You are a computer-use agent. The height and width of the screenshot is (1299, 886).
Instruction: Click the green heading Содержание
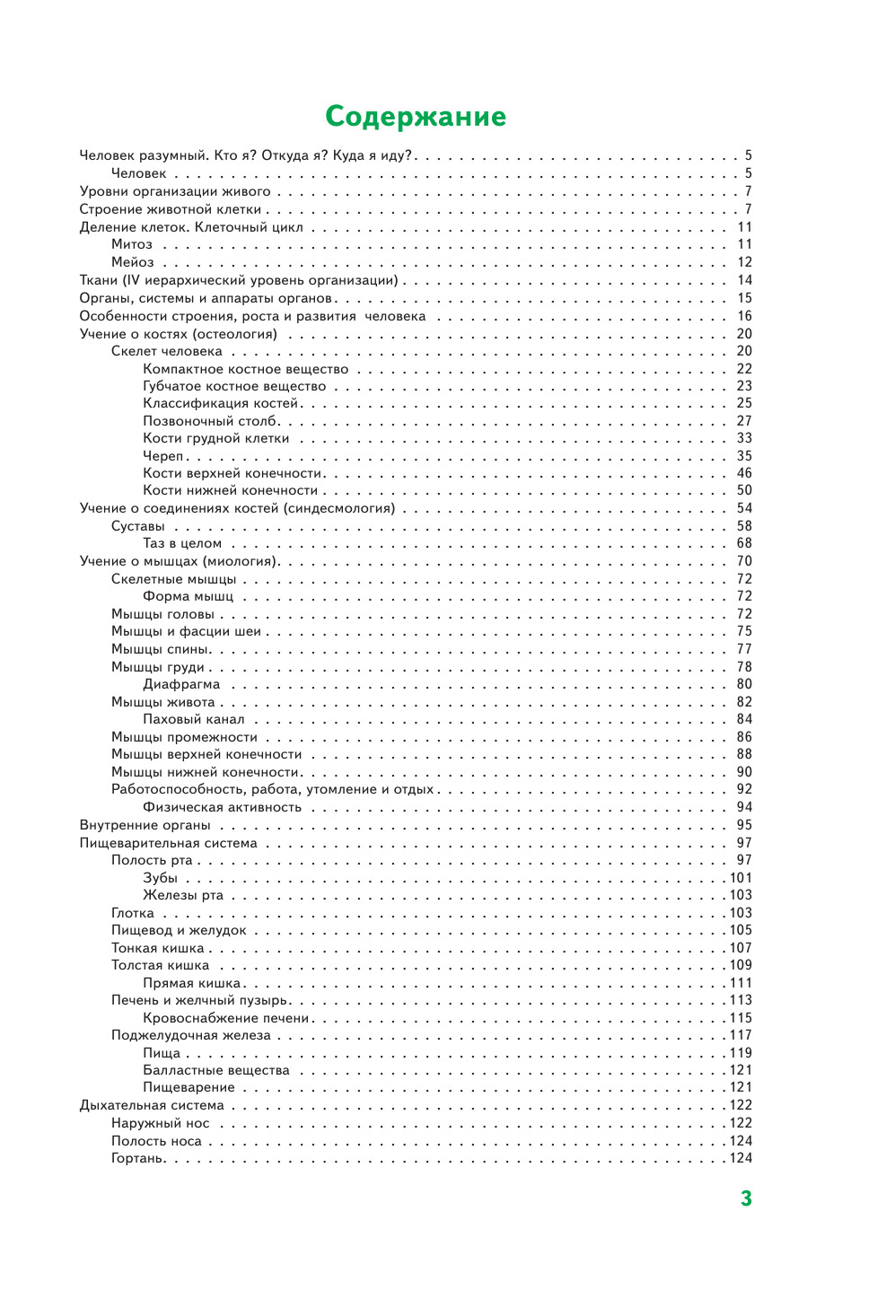[415, 117]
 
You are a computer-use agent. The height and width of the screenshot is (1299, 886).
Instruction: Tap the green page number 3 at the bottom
[745, 1198]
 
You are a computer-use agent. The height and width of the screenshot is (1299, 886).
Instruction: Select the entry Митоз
[132, 245]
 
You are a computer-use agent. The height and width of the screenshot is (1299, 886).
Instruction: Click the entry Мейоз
[133, 263]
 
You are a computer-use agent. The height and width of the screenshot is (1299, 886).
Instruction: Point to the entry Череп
[162, 456]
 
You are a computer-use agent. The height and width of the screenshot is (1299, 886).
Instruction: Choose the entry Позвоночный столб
[210, 421]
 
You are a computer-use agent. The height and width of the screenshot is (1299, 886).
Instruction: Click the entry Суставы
[137, 526]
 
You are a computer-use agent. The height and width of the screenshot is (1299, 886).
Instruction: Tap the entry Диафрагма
[181, 685]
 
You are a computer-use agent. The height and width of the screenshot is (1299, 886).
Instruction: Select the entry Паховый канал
[193, 720]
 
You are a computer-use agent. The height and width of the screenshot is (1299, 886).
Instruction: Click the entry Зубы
[160, 878]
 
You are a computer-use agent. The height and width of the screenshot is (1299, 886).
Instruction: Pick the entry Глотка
[133, 913]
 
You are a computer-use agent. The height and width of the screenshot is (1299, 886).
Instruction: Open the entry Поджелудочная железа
[190, 1036]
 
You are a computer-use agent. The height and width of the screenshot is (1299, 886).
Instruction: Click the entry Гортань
[137, 1159]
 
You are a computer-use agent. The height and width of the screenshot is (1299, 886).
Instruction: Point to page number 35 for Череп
[744, 456]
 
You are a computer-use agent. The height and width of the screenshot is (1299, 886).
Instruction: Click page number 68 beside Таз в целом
[744, 544]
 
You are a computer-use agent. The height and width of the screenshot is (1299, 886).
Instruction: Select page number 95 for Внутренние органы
[744, 825]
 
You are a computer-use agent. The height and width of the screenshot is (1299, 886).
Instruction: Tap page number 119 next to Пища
[741, 1053]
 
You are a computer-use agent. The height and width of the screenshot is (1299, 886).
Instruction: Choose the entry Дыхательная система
[152, 1106]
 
